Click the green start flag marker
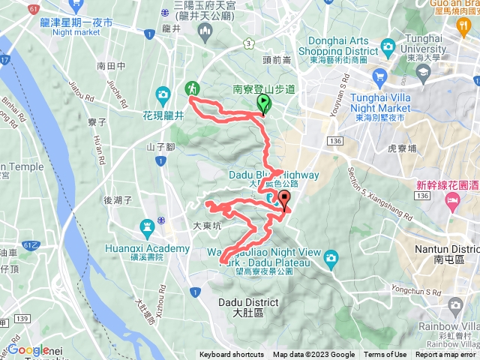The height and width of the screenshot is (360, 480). (x=264, y=103)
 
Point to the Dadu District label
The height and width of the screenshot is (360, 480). (x=247, y=307)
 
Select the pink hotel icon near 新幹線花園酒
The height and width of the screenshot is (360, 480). (x=452, y=200)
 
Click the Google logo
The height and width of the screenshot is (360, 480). (x=28, y=349)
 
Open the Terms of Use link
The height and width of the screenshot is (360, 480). (x=385, y=355)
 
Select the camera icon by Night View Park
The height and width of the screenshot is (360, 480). (x=331, y=259)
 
